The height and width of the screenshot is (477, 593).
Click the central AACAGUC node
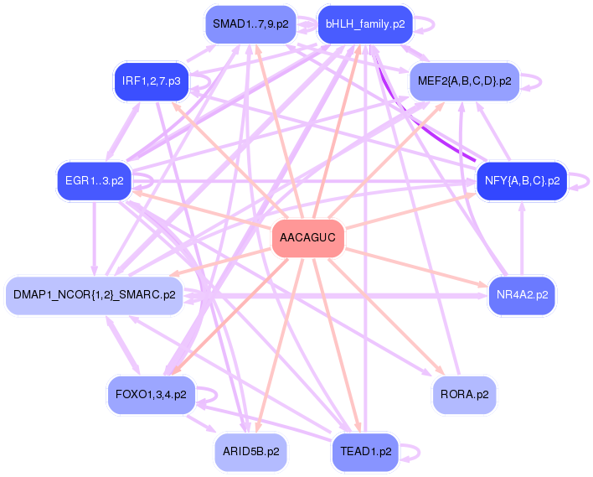point(308,239)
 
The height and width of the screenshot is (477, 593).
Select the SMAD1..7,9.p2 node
point(250,24)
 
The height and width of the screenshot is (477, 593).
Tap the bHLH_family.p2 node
point(364,24)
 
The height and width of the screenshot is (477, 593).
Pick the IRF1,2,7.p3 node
point(151,81)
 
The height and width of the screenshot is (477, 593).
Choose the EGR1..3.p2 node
point(94,180)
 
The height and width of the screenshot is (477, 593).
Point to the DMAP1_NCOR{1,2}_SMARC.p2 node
point(94,295)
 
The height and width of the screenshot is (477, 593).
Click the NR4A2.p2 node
point(522,295)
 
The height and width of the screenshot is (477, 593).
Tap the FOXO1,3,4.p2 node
point(151,393)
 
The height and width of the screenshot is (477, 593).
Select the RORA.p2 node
point(464,393)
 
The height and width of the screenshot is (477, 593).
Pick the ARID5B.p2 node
point(250,451)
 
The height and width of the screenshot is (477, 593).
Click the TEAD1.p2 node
point(365,451)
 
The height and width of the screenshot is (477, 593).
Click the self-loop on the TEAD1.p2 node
point(412,451)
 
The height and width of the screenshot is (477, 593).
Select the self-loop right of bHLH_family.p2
point(426,24)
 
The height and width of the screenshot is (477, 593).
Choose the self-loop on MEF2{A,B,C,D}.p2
point(533,81)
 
